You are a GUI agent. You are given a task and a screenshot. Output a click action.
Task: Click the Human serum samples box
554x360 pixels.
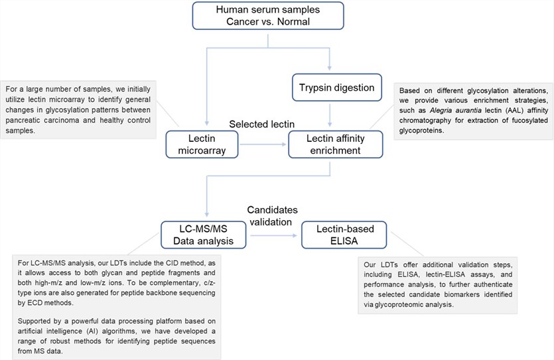[x=268, y=18]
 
